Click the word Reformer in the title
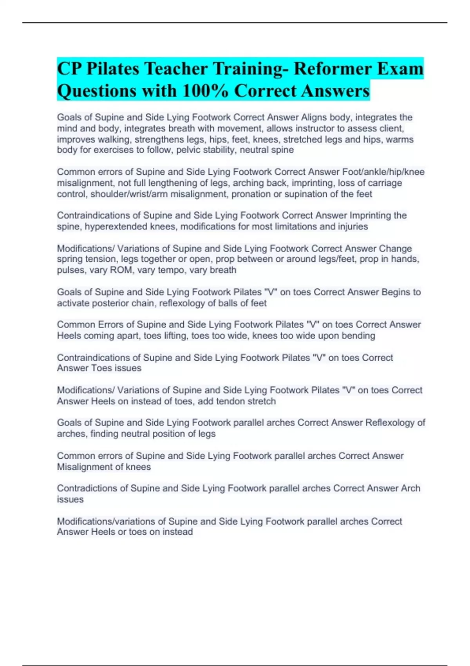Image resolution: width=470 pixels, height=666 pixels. [x=331, y=69]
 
